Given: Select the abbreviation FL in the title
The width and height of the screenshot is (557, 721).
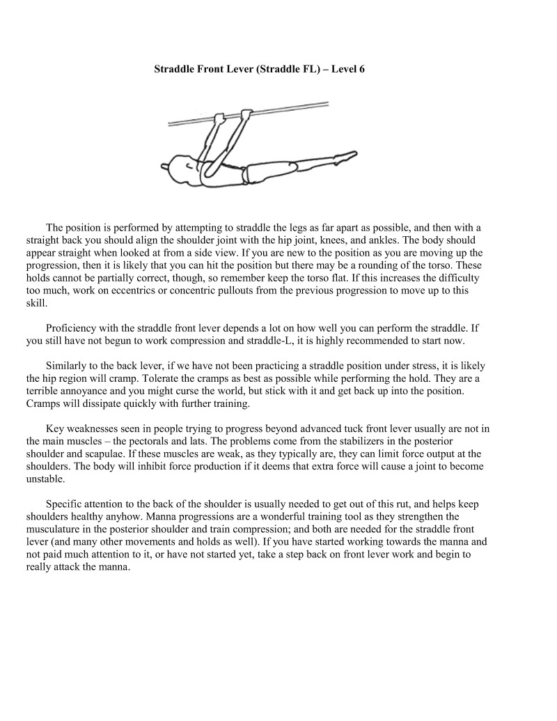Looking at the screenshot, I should (x=301, y=70).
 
